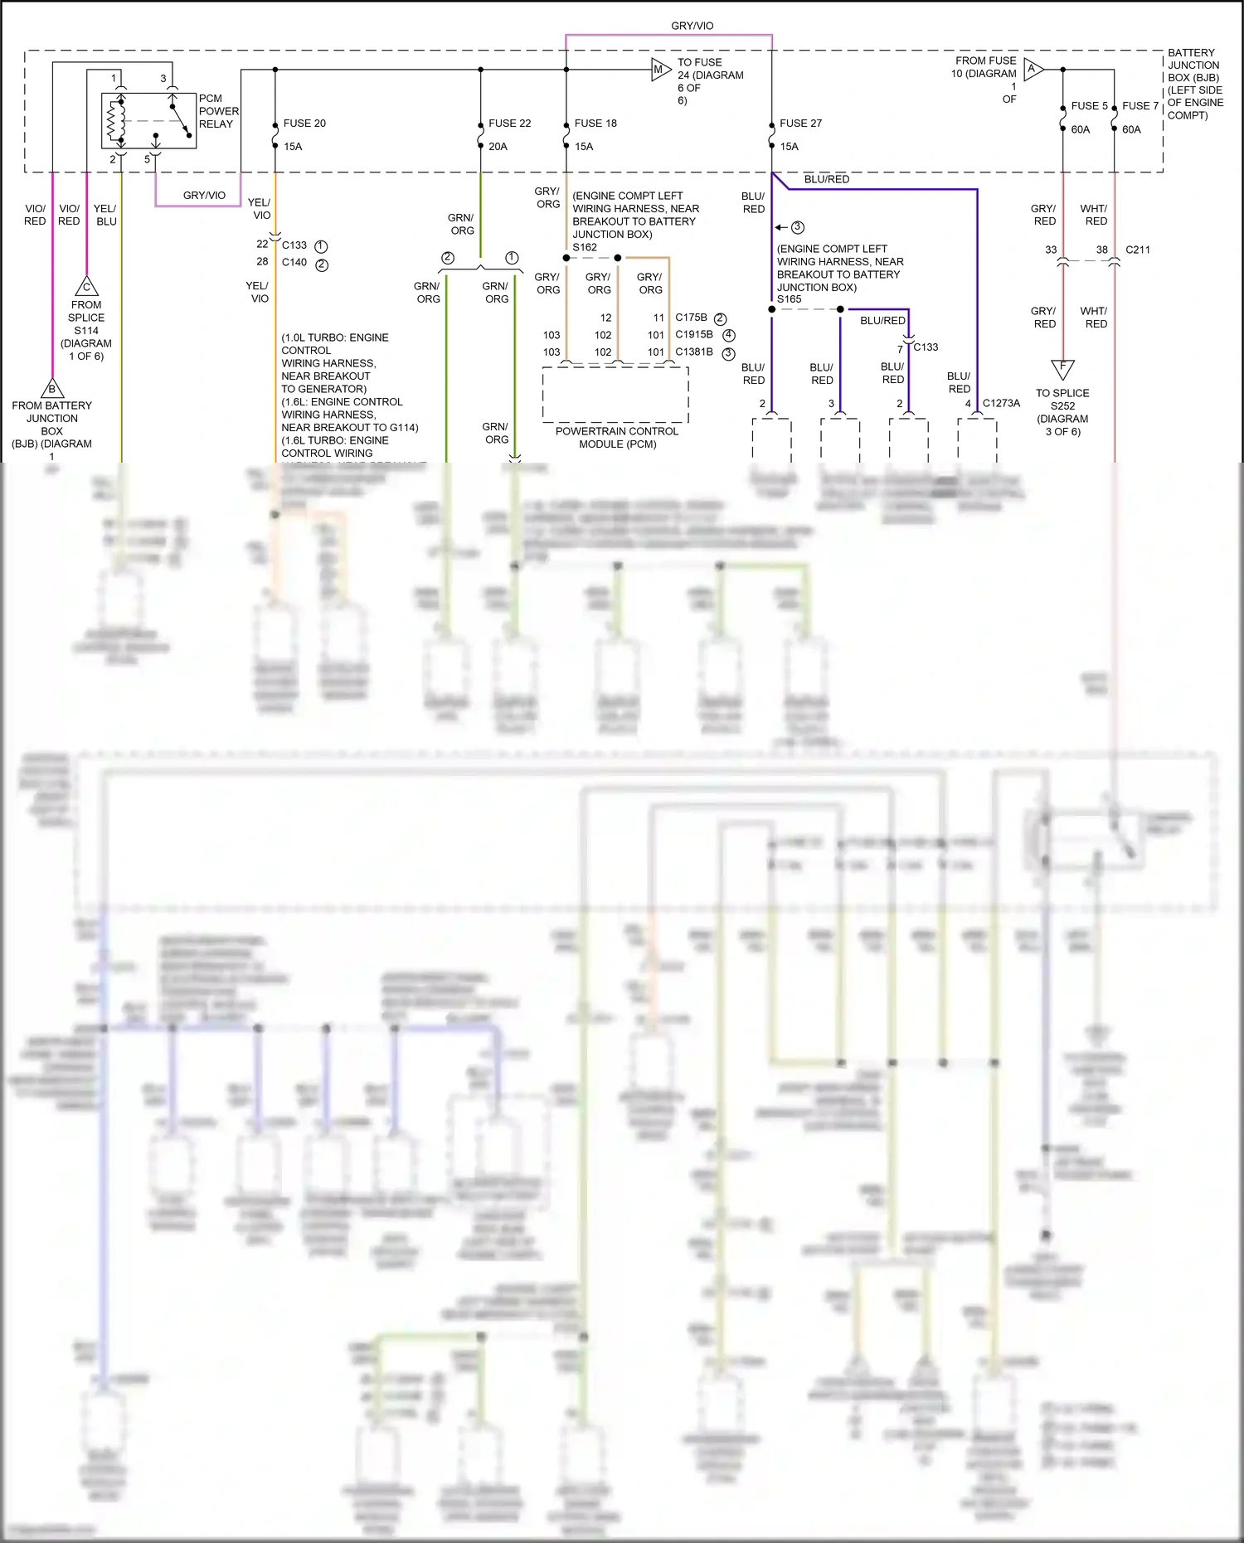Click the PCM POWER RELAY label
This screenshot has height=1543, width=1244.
218,111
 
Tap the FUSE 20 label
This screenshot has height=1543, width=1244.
304,124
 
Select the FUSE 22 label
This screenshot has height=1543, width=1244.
509,124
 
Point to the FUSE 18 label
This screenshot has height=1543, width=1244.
595,124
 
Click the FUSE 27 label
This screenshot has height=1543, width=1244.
800,124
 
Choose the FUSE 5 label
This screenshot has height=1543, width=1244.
1089,106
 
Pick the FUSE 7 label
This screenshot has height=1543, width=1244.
1140,106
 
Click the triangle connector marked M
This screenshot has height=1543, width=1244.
659,70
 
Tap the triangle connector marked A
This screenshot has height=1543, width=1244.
1033,70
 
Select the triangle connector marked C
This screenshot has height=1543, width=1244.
86,287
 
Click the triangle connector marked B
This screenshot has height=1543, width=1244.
52,388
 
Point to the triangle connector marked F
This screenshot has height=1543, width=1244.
1062,367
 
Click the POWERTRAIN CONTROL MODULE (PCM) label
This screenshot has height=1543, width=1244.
617,438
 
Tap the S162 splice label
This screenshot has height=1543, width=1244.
585,247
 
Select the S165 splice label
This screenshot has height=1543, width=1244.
790,299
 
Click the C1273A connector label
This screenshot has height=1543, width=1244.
1001,404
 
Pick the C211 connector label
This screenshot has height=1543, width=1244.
1137,250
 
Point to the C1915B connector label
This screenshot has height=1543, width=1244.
693,335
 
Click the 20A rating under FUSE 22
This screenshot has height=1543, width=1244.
498,147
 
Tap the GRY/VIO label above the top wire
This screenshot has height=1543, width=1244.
692,27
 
